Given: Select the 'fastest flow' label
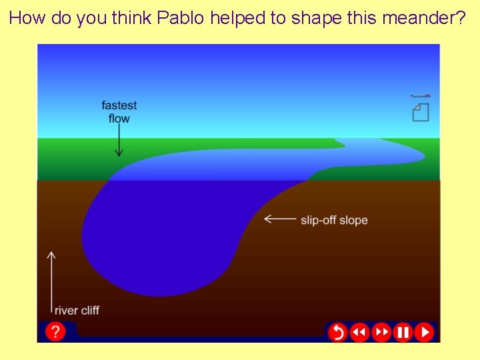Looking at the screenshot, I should pyautogui.click(x=119, y=112).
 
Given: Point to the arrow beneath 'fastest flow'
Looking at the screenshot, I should pyautogui.click(x=119, y=141).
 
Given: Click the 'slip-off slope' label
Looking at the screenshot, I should pyautogui.click(x=334, y=220).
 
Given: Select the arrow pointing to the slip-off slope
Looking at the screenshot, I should pyautogui.click(x=280, y=219).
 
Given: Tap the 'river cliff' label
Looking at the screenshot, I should pyautogui.click(x=77, y=310).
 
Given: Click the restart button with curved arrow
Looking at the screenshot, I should pyautogui.click(x=338, y=331).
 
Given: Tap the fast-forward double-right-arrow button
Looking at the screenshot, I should pyautogui.click(x=381, y=331).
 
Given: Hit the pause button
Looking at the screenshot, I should pyautogui.click(x=403, y=331).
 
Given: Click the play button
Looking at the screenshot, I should pyautogui.click(x=424, y=331).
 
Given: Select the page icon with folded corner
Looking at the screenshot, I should pyautogui.click(x=420, y=113).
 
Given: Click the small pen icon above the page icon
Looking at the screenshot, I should pyautogui.click(x=420, y=96).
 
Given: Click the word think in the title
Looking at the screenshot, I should pyautogui.click(x=132, y=18).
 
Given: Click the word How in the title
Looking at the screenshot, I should pyautogui.click(x=26, y=18).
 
